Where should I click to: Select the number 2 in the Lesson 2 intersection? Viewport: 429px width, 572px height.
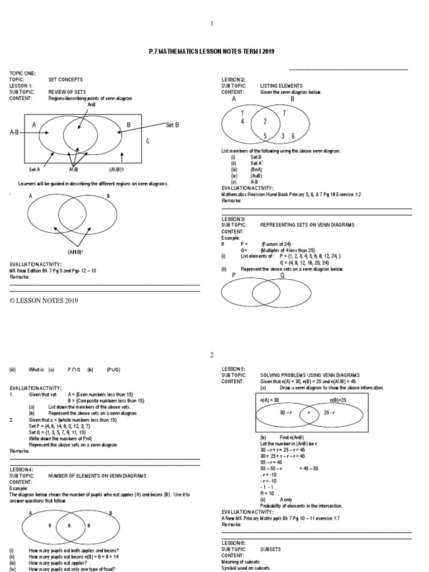point(265,121)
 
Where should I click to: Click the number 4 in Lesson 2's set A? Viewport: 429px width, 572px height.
point(242,121)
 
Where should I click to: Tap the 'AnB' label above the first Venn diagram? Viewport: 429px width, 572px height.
point(92,104)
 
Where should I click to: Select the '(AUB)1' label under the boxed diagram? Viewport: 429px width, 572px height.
point(118,168)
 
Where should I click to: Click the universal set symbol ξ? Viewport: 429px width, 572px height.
point(147,141)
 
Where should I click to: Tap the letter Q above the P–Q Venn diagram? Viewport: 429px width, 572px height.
point(282,275)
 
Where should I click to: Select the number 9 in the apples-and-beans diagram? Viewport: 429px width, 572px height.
point(50,526)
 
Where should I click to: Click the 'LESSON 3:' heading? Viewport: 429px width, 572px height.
point(233,219)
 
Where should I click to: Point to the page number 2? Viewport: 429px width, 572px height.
point(212,355)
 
